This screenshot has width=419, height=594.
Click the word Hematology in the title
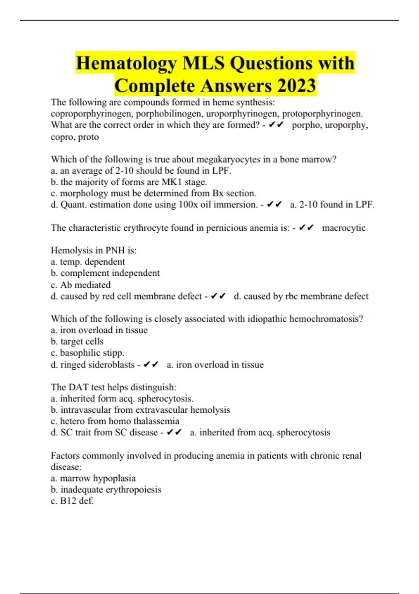pos(126,63)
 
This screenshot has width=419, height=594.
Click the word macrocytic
pos(344,228)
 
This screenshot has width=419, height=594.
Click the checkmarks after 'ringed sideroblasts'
pos(151,364)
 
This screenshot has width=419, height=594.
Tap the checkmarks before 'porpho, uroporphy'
pos(276,125)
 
